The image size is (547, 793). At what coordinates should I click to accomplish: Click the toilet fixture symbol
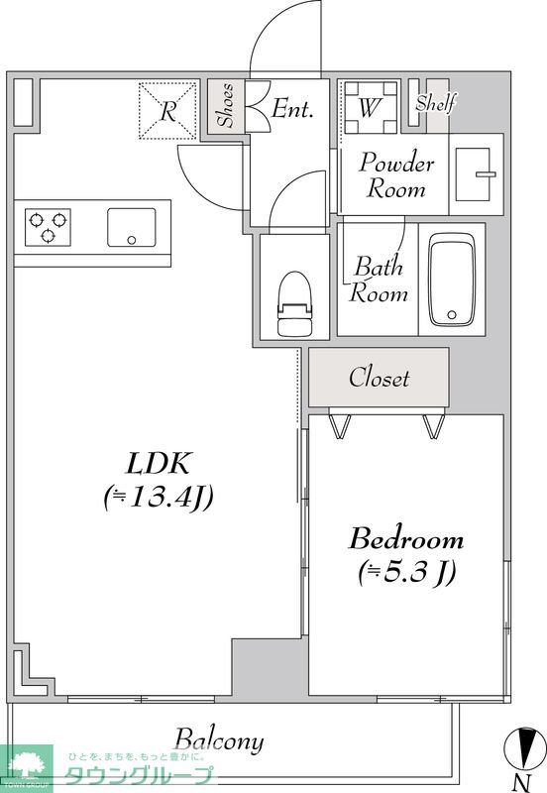point(293,303)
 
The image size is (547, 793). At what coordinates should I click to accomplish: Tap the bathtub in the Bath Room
point(452,279)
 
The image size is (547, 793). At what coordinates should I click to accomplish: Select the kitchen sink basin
point(132,227)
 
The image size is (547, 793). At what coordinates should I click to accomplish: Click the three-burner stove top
point(48,227)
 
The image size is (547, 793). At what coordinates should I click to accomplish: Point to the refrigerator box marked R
point(167,110)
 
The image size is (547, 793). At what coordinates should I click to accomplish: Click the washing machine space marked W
point(370,107)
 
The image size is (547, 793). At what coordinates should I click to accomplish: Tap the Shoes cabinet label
point(226,105)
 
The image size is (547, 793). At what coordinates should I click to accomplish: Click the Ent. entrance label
point(292,109)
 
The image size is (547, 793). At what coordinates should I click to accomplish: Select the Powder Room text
point(396,175)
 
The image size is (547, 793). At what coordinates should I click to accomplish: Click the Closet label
point(379,378)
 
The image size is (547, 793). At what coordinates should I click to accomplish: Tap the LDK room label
point(159,463)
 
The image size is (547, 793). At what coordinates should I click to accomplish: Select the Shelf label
point(435,103)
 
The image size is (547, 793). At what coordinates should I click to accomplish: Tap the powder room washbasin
point(476,174)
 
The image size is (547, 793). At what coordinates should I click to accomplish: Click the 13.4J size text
point(159,498)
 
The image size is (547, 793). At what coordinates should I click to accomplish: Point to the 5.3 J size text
point(406,572)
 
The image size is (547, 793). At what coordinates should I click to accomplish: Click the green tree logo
point(27,765)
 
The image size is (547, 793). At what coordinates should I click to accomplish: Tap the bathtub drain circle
point(452,315)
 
